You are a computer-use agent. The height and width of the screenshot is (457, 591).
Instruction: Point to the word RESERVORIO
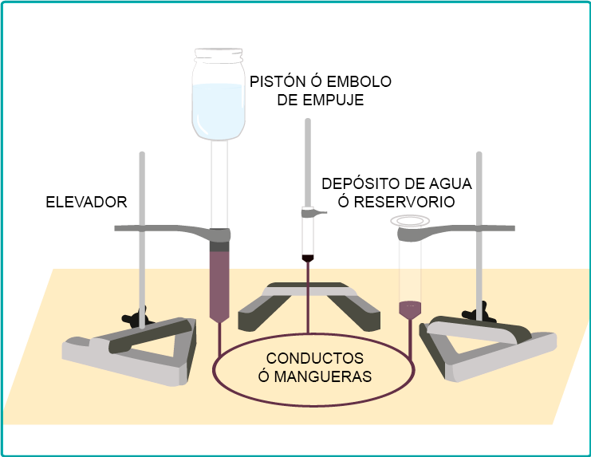coord(404,202)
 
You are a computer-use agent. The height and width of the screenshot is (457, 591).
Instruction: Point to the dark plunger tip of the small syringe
coord(308,258)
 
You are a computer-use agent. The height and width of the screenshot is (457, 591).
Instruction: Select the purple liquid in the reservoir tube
coord(409,307)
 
